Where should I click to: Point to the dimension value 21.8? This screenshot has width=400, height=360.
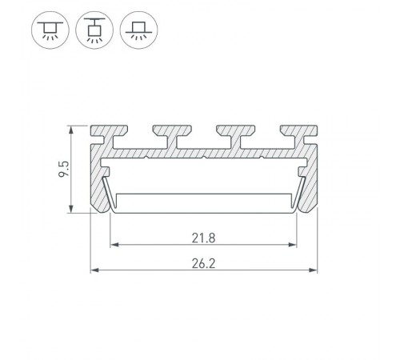click(x=203, y=237)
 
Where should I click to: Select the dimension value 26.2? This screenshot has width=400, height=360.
click(x=203, y=262)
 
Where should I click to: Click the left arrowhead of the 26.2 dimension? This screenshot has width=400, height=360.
click(x=94, y=270)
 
